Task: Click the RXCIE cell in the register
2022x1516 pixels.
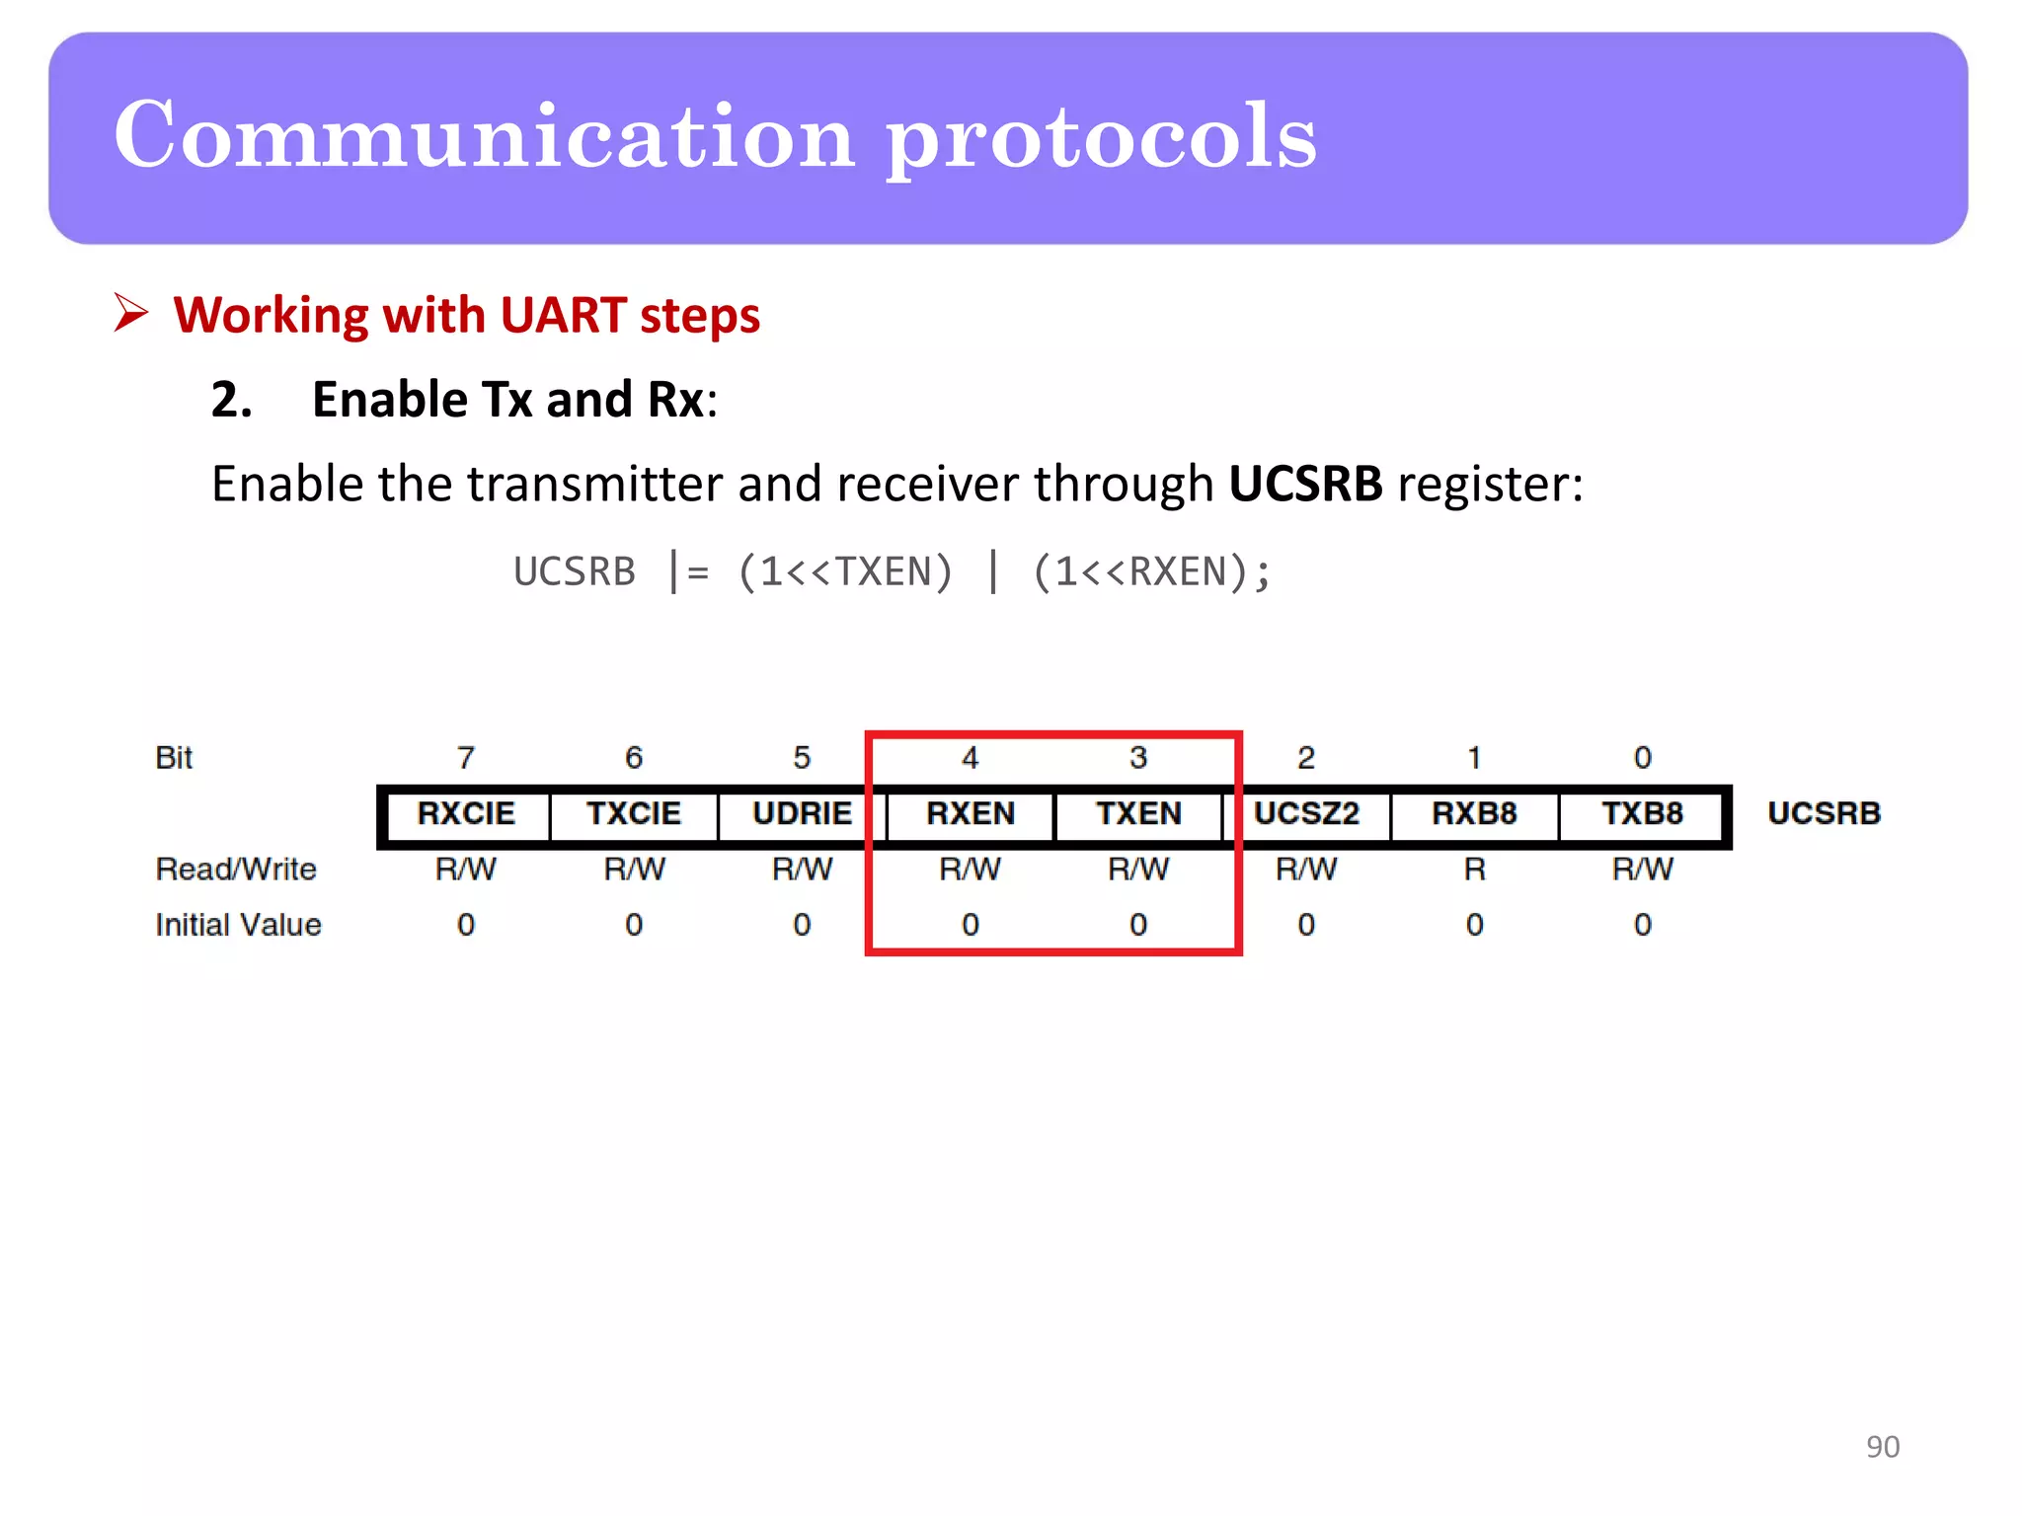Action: coord(466,813)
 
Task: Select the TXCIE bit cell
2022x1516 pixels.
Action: coord(634,813)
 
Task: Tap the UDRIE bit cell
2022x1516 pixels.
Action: coord(802,813)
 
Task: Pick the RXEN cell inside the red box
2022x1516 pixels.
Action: coord(971,813)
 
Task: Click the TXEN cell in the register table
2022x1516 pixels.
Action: coord(1138,813)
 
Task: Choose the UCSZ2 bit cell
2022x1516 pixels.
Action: coord(1306,813)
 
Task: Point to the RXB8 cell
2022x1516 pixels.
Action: coord(1474,813)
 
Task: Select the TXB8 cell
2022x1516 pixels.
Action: coord(1642,813)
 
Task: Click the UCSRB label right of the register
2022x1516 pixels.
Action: coord(1824,813)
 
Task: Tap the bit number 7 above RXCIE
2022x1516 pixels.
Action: coord(466,758)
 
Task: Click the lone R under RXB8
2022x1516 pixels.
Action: coord(1474,870)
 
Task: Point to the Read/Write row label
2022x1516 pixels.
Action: coord(236,870)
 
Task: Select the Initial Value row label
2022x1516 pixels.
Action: coord(238,925)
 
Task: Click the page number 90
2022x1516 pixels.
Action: coord(1882,1446)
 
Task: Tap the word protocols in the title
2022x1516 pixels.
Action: coord(1100,138)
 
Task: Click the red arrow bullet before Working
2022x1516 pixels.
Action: coord(130,314)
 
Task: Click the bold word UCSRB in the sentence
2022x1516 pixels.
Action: coord(1304,484)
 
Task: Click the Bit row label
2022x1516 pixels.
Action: coord(174,758)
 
